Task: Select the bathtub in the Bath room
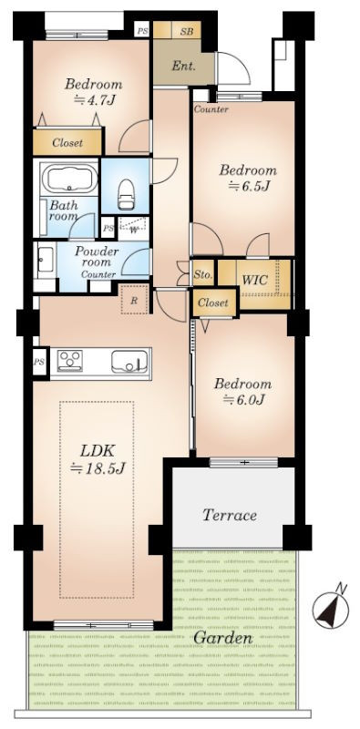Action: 70,179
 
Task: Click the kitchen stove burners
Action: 70,360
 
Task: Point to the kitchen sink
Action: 129,361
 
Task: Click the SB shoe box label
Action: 187,31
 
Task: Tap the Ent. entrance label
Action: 184,66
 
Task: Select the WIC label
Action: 254,281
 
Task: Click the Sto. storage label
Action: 203,275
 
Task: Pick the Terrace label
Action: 230,515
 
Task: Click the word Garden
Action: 222,638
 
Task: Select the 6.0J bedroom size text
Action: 242,399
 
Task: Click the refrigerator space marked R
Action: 134,300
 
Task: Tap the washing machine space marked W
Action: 133,229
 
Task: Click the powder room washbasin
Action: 46,260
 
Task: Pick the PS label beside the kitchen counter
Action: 39,361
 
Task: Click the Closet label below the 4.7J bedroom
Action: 67,143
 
